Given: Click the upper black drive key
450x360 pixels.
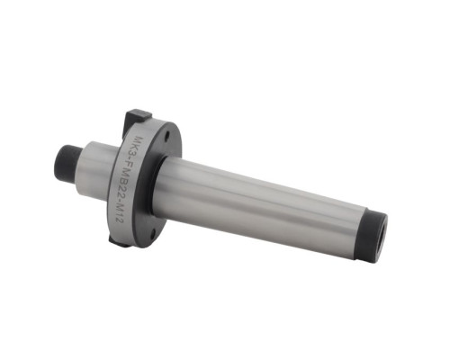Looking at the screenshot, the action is (x=138, y=115).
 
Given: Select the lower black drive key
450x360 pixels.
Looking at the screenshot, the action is (x=115, y=240).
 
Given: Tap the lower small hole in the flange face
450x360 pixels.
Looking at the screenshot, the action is (x=154, y=231).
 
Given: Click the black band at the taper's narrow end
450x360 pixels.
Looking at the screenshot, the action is (x=372, y=237).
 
